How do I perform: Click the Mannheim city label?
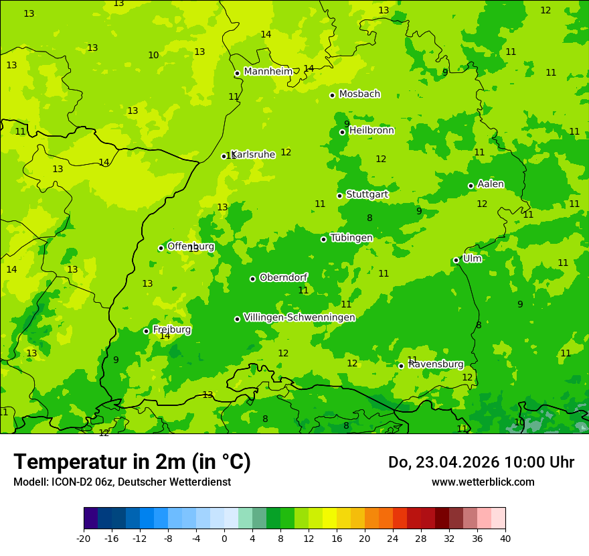pos(268,71)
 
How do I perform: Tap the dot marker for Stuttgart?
pos(339,196)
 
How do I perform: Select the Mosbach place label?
pos(359,94)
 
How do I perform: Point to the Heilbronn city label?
pos(371,131)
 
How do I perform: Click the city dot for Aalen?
pos(471,186)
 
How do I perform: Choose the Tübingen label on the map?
pos(351,238)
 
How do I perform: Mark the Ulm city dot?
pos(456,260)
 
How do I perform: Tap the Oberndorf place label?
pos(283,277)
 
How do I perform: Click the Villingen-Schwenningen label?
pos(299,318)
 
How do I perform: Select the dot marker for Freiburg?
pos(146,331)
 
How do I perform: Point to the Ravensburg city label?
pos(436,364)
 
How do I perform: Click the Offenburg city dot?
pos(161,248)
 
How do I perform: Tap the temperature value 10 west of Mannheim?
pos(153,55)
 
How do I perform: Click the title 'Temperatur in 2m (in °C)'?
pos(132,462)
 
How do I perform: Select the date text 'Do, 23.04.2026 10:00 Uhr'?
pos(481,462)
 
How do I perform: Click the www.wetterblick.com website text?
pos(483,482)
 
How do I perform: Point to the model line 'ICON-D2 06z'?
pos(122,482)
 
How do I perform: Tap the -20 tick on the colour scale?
pos(84,538)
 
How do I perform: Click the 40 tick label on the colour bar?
pos(505,538)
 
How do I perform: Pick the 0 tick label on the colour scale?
pos(224,538)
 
